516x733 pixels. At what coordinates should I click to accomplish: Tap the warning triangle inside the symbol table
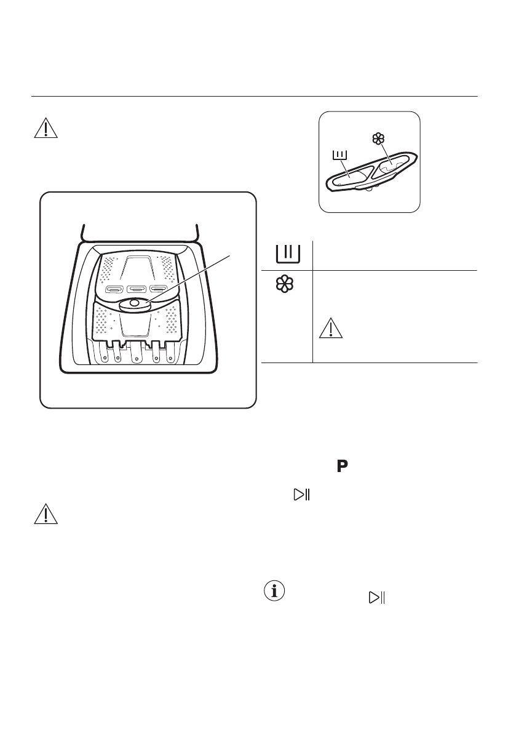pyautogui.click(x=330, y=330)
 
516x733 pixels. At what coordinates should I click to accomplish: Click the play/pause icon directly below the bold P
pyautogui.click(x=301, y=494)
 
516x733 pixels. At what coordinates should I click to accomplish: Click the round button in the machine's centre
pyautogui.click(x=134, y=303)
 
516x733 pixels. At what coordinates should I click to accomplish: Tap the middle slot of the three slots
pyautogui.click(x=135, y=288)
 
